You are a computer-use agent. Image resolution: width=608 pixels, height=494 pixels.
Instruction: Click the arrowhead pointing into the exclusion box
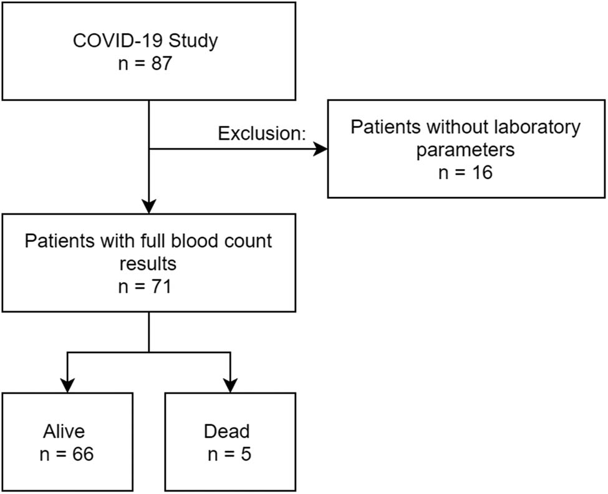click(320, 148)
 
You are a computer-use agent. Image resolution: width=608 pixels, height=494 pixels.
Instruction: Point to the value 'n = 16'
click(465, 172)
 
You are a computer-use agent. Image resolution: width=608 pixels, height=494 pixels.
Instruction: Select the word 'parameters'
click(465, 150)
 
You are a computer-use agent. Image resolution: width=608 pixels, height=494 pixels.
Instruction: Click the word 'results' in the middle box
click(148, 263)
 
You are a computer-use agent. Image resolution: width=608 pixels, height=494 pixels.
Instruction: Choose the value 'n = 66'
click(66, 453)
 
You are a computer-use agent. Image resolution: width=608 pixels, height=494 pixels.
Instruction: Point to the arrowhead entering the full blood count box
click(149, 205)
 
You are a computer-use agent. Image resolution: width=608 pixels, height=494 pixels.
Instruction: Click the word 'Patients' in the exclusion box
click(385, 127)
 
